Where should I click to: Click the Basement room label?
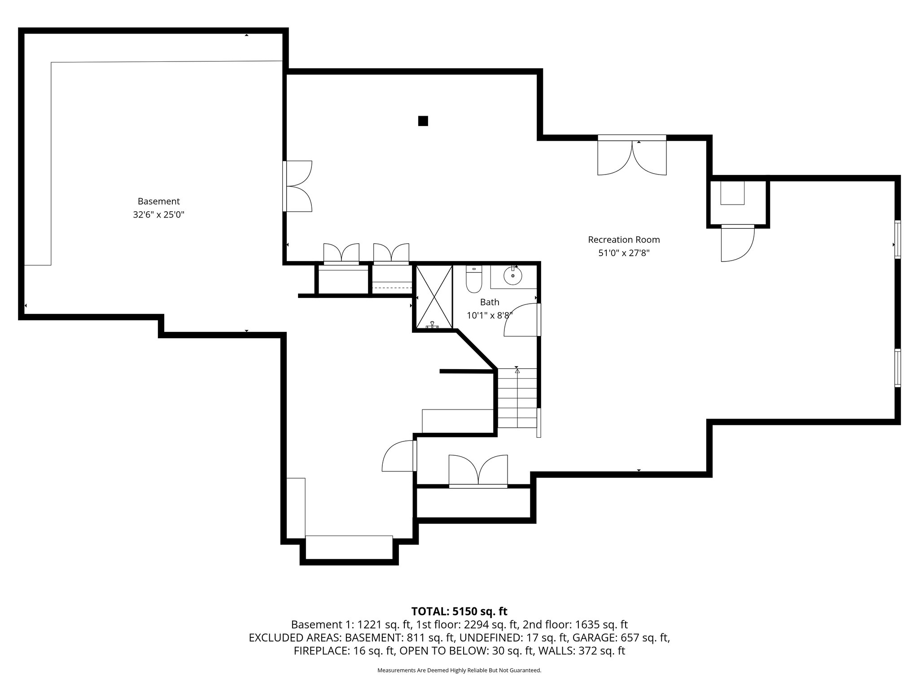pos(158,201)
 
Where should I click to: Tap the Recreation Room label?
pos(624,240)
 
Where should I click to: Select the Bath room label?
pos(490,302)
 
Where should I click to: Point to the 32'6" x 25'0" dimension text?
pos(158,215)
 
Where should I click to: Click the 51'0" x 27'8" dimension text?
pos(624,253)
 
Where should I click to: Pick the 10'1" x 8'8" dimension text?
pos(490,315)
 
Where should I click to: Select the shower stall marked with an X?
pos(434,297)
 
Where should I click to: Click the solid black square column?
pos(423,121)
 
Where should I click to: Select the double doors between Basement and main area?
pos(298,186)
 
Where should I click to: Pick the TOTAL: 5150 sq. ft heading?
pos(459,611)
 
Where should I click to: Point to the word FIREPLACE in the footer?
pos(320,651)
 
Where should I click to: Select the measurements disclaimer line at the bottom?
pos(459,671)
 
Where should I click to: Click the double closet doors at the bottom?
pos(478,471)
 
